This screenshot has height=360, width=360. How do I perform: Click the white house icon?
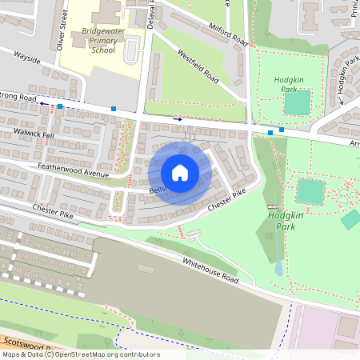pyautogui.click(x=180, y=172)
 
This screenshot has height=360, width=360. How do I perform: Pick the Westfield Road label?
pyautogui.click(x=198, y=69)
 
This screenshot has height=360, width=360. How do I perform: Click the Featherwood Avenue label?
pyautogui.click(x=73, y=170)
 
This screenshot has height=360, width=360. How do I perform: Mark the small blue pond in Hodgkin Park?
pyautogui.click(x=278, y=268)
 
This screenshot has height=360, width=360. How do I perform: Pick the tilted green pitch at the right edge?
pyautogui.click(x=350, y=219)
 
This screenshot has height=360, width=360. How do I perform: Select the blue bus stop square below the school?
pyautogui.click(x=114, y=108)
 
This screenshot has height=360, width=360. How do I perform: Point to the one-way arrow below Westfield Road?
pyautogui.click(x=178, y=119)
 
